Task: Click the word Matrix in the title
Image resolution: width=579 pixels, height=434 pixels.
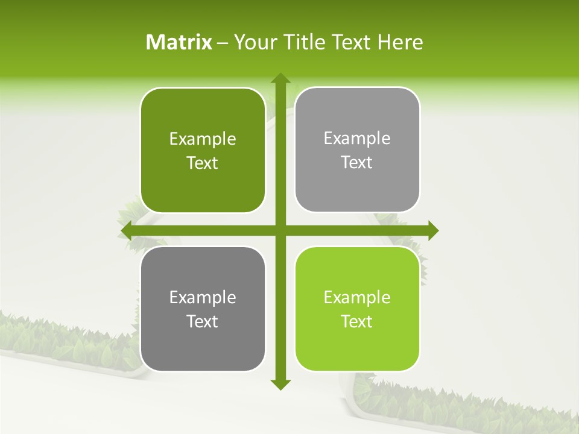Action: pos(179,42)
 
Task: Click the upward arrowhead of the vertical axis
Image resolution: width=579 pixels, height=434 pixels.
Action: pos(280,78)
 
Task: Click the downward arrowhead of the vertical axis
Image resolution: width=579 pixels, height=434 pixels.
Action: pos(280,384)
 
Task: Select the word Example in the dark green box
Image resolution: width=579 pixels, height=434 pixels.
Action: pos(203,139)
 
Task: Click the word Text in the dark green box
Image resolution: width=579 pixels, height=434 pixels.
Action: pos(203,163)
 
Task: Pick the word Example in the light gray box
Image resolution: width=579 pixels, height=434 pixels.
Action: pos(357,139)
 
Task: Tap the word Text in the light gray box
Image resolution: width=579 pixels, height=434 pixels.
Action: pos(357,162)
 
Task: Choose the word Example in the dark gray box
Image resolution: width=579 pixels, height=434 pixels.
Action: pos(203,298)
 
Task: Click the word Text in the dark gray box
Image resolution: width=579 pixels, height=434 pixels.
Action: pos(203,321)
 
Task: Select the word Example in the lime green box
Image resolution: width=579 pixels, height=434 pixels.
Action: pos(357,298)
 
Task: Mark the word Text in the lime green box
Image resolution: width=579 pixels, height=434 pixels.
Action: pos(357,321)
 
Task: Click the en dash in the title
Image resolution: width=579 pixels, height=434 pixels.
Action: pos(223,43)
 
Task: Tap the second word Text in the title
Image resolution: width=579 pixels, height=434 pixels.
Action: pos(353,42)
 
